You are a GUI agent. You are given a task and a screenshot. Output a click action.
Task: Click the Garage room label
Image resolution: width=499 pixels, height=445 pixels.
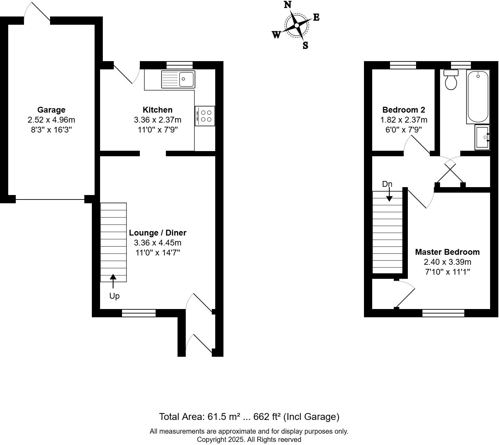tap(51, 110)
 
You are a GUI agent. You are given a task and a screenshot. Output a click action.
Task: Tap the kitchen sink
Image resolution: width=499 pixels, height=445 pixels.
tap(178, 79)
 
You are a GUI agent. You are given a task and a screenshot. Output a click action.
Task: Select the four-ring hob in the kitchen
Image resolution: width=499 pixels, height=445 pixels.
tap(205, 116)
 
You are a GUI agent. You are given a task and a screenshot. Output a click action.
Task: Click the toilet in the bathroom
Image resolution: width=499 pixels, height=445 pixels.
tap(451, 80)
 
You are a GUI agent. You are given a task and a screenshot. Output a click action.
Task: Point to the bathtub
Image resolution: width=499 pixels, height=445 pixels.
tap(478, 96)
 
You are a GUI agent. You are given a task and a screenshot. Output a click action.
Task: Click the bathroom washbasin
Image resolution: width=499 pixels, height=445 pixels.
tap(482, 137)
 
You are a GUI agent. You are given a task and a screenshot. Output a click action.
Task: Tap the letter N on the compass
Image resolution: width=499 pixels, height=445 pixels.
tap(288, 5)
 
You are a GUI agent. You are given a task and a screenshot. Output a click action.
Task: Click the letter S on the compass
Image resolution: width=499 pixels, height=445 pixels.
tap(305, 45)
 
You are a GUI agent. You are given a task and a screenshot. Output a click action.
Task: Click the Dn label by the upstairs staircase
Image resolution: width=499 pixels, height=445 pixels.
tap(387, 184)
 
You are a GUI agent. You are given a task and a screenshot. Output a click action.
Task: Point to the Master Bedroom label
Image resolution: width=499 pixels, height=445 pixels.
tap(447, 252)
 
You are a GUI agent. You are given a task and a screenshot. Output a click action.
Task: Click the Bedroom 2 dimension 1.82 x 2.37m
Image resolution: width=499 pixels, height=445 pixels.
tap(404, 120)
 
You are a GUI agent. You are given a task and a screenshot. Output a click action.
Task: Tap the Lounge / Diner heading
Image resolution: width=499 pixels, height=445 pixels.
tap(158, 233)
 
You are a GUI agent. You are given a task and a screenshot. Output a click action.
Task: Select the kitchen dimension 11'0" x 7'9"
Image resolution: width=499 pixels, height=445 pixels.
tap(158, 130)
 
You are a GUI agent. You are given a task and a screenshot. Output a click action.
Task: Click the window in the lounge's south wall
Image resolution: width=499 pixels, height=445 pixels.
tap(139, 313)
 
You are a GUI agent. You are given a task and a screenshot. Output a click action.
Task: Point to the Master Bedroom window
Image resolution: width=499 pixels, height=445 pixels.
tap(443, 313)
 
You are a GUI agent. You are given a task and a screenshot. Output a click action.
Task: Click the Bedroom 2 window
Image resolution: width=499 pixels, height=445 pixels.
tap(403, 65)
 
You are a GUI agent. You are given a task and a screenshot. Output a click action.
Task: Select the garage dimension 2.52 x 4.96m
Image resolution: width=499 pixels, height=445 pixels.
tap(51, 120)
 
